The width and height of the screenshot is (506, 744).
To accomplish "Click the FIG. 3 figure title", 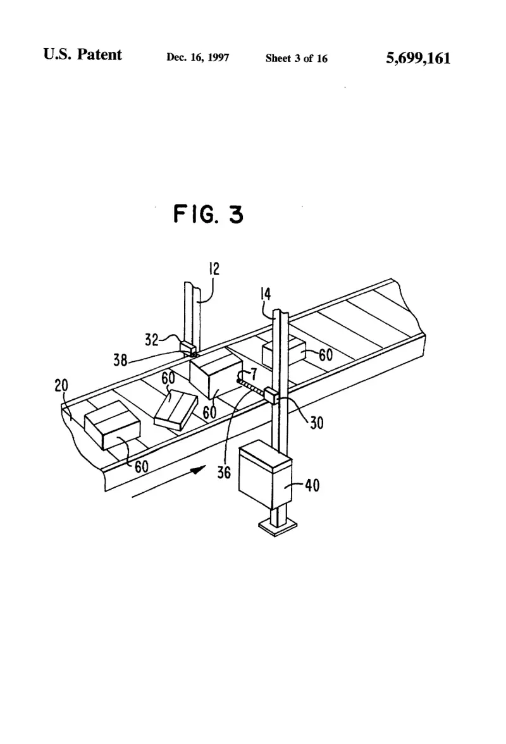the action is point(208,214).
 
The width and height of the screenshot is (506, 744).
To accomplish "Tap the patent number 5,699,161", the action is point(418,58).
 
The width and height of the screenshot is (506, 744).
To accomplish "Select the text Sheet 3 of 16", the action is point(297,58).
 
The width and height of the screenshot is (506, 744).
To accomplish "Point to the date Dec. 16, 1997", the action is point(198,58).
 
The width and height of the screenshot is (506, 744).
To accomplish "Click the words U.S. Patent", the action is point(82,54).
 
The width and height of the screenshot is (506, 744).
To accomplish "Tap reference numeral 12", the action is point(214,269).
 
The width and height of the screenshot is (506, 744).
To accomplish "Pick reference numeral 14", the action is point(266,294).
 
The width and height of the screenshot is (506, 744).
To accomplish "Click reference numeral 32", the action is point(152,340).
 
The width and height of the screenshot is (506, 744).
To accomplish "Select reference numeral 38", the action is point(120,361).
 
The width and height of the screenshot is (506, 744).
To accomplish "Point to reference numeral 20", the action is point(61,385).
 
